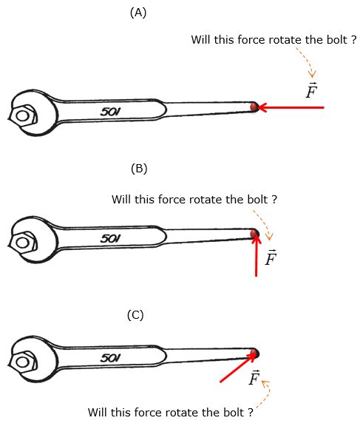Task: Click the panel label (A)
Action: click(x=138, y=13)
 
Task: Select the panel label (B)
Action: click(x=139, y=169)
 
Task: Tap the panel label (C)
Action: click(x=135, y=315)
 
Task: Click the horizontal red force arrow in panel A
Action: click(x=291, y=107)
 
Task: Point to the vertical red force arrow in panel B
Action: click(x=256, y=255)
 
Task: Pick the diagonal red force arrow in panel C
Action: click(x=239, y=367)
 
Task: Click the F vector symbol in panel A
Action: click(x=311, y=90)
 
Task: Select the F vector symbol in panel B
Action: click(x=271, y=257)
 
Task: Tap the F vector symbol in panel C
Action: click(x=254, y=377)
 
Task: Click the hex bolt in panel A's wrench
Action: click(x=23, y=115)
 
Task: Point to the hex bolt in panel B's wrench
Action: click(x=23, y=243)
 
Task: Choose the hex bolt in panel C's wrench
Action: click(x=23, y=362)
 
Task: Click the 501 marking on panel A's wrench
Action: click(x=110, y=112)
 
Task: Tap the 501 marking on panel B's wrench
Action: click(x=110, y=238)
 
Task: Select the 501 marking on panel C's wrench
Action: click(x=110, y=357)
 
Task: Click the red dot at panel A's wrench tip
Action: click(x=254, y=107)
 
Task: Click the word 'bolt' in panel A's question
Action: click(x=337, y=40)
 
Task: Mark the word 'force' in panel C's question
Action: click(x=149, y=412)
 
